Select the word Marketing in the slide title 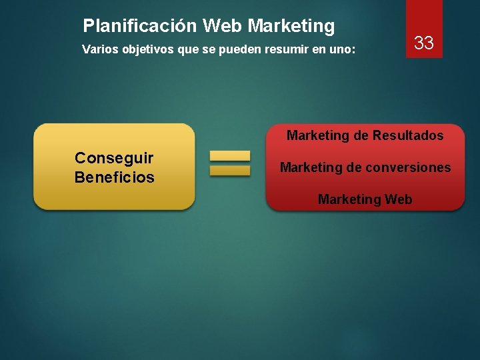point(291,26)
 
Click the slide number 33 point(424,44)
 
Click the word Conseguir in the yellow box point(114,158)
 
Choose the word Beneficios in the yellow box point(114,177)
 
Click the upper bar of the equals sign point(230,156)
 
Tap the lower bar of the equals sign point(230,171)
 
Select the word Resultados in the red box point(407,135)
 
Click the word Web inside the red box point(398,199)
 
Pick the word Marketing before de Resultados point(318,135)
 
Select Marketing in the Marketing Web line point(349,199)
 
